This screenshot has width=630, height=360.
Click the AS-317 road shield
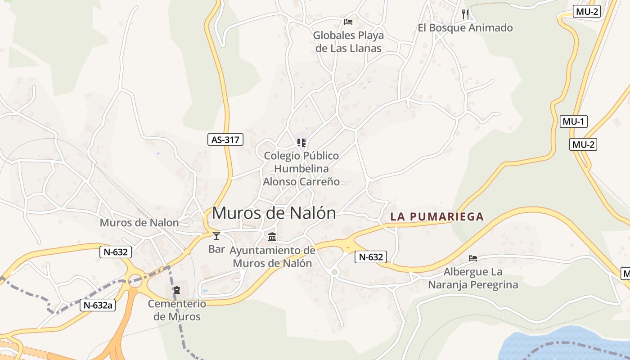[225, 139]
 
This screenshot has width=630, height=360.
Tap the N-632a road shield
[98, 305]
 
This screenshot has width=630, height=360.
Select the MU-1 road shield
[574, 121]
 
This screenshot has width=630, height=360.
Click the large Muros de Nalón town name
[274, 213]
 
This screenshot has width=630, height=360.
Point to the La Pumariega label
[437, 216]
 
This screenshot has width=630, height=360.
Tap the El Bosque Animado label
[465, 28]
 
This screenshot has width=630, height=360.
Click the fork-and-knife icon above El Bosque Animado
[465, 14]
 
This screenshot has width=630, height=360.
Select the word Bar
[216, 249]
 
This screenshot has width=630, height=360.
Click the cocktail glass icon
[216, 235]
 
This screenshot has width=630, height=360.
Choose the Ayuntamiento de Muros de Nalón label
[273, 256]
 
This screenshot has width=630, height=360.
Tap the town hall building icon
[272, 237]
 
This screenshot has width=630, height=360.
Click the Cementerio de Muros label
[177, 310]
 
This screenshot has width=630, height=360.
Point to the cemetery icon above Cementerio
[177, 290]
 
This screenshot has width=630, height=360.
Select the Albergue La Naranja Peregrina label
[473, 278]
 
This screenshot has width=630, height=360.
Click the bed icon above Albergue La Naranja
[473, 258]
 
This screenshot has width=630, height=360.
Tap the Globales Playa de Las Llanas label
[348, 42]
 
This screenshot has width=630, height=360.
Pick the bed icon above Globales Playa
[348, 22]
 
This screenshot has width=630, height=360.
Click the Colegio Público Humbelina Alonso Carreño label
[301, 169]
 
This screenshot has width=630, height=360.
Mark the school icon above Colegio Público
[301, 143]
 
